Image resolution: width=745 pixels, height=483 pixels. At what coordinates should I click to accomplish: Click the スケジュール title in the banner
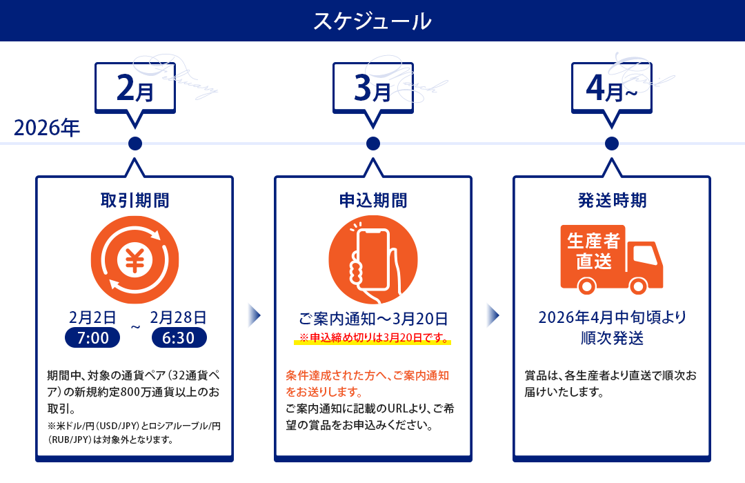372,21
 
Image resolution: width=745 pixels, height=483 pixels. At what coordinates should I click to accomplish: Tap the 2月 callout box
135,89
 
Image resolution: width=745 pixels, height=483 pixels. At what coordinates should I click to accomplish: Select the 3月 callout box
372,89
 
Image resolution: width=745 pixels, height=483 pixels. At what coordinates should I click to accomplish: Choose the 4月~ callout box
611,89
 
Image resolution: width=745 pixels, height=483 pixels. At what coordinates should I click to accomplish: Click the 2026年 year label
47,128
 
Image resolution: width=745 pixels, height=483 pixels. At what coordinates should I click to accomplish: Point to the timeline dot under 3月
373,144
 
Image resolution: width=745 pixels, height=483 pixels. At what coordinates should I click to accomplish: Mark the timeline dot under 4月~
611,144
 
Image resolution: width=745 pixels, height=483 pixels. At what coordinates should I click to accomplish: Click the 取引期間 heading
135,201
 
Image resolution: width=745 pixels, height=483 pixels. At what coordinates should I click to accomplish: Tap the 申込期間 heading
373,201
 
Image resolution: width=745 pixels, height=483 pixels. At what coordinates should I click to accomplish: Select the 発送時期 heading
611,201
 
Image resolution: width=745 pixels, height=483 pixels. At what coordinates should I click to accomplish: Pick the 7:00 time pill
92,338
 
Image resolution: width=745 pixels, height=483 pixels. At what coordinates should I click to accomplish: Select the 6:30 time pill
179,338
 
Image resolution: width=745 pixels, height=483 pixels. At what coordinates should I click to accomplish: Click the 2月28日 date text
178,317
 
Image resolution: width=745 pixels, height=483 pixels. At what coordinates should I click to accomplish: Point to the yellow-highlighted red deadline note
373,338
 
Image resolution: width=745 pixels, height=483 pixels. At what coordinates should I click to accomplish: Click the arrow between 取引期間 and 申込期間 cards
254,315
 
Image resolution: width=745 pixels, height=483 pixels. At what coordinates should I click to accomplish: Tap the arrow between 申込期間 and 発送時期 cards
493,315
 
